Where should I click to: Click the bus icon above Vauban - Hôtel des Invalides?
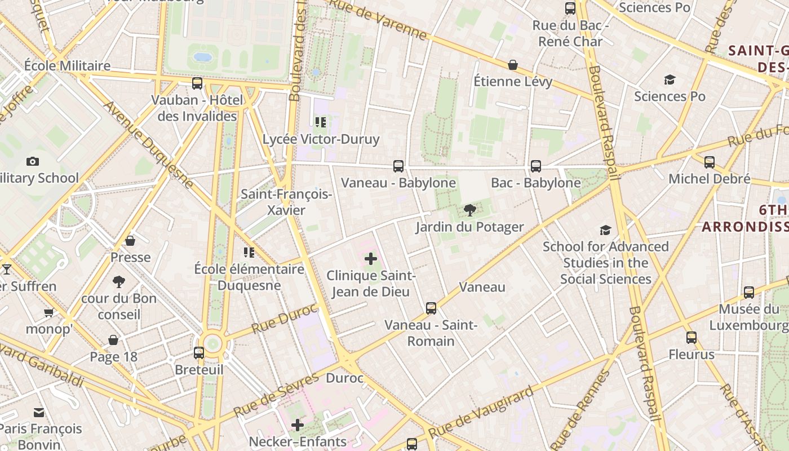point(197,83)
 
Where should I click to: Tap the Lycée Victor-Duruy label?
point(321,139)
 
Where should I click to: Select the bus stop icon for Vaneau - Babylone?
point(398,166)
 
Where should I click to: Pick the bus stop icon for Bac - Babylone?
point(536,166)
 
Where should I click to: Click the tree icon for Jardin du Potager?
point(469,211)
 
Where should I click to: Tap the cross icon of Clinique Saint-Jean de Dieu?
point(371,259)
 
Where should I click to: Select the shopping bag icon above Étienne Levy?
point(513,65)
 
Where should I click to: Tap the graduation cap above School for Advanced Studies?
point(606,230)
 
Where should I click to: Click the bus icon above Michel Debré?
point(710,162)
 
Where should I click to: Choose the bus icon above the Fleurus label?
point(692,338)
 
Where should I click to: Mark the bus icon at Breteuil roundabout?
point(199,353)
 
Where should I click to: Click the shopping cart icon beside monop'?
point(49,312)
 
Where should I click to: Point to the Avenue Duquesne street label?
point(149,144)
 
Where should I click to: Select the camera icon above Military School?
point(33,162)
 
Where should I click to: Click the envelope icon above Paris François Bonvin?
point(39,413)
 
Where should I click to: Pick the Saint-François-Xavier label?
point(286,202)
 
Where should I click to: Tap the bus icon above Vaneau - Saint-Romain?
point(431,308)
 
